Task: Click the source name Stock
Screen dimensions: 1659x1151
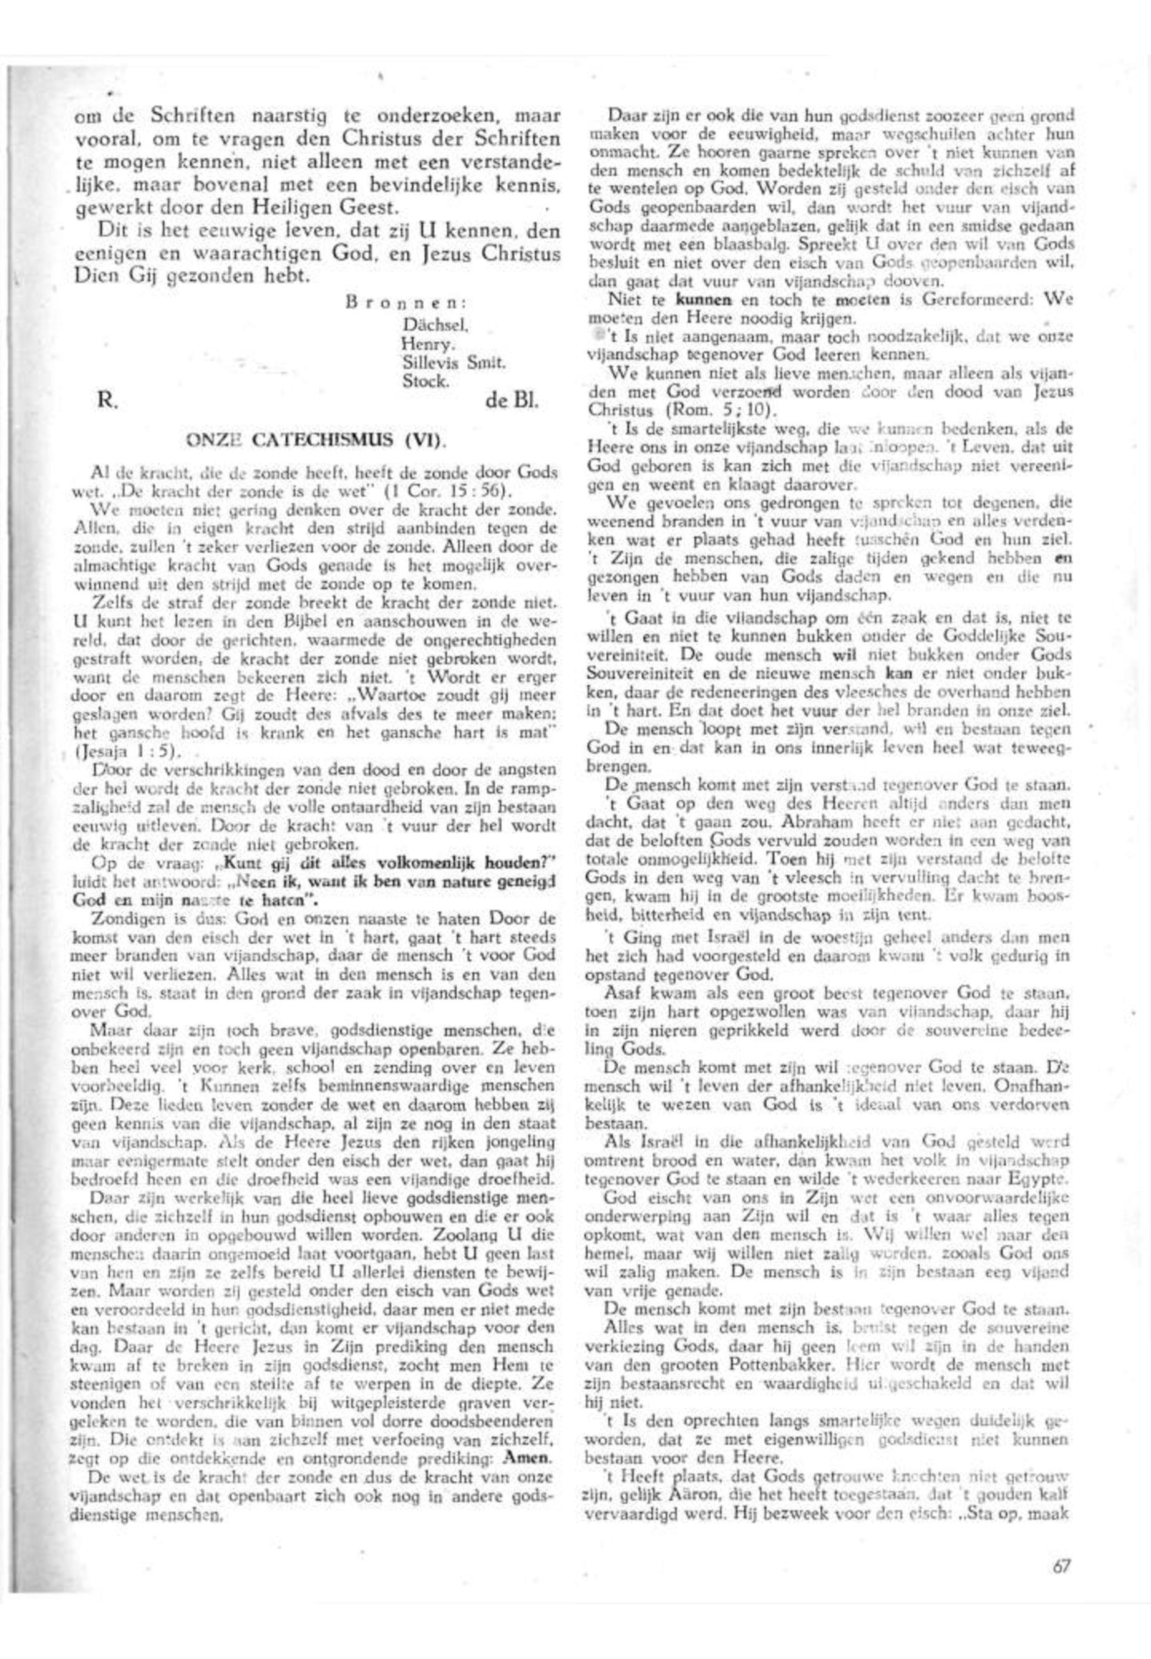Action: click(x=425, y=382)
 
